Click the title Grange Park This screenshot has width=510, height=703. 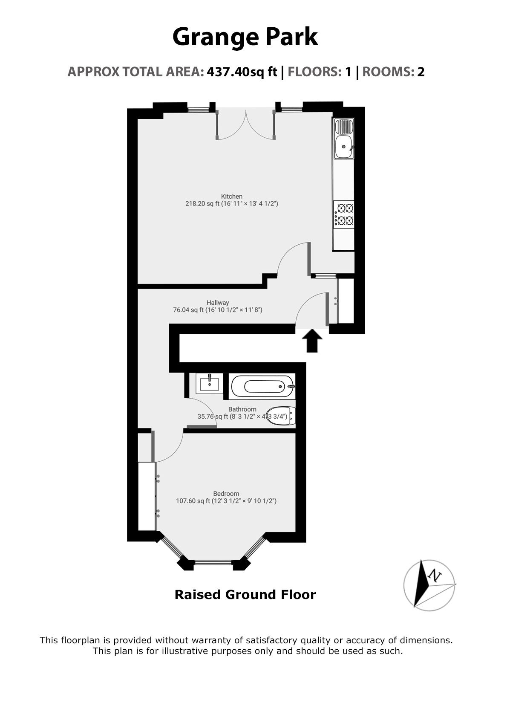click(245, 37)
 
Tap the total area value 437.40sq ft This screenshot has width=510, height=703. click(242, 72)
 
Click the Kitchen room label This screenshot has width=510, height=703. click(231, 197)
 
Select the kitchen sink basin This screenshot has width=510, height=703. click(343, 148)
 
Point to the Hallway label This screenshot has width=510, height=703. click(218, 303)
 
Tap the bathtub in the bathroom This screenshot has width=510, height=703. click(262, 387)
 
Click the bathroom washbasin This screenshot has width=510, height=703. click(209, 383)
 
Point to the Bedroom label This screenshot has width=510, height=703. click(226, 494)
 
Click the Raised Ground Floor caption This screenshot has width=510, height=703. click(245, 594)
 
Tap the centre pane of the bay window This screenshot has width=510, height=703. click(213, 562)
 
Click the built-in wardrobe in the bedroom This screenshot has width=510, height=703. click(147, 496)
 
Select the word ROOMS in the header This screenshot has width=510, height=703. click(388, 72)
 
